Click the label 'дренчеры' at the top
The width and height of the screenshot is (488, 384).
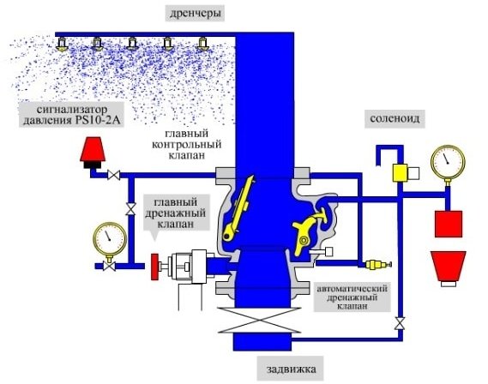pos(196,14)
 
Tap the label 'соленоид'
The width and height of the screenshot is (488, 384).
pos(395,118)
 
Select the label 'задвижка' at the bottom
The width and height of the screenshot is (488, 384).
pos(291,369)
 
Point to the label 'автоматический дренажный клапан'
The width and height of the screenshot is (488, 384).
pos(352,297)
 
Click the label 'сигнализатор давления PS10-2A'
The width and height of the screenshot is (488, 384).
pos(71,114)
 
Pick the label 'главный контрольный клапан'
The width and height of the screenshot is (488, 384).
pos(186,144)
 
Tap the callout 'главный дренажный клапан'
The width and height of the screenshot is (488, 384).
pos(176,213)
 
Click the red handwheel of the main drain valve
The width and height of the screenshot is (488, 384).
pos(154,267)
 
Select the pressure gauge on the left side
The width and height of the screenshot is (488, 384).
pos(110,239)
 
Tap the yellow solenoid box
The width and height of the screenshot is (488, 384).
pos(400,173)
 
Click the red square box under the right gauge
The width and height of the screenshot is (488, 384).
pos(449,224)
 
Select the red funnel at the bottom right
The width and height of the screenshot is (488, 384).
pos(449,267)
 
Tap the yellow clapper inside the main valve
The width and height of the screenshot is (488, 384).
pos(238,209)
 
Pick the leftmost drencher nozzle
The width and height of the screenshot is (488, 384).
pos(63,44)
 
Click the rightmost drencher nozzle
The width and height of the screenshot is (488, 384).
pos(203,44)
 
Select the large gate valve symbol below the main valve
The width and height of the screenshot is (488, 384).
pos(260,321)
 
